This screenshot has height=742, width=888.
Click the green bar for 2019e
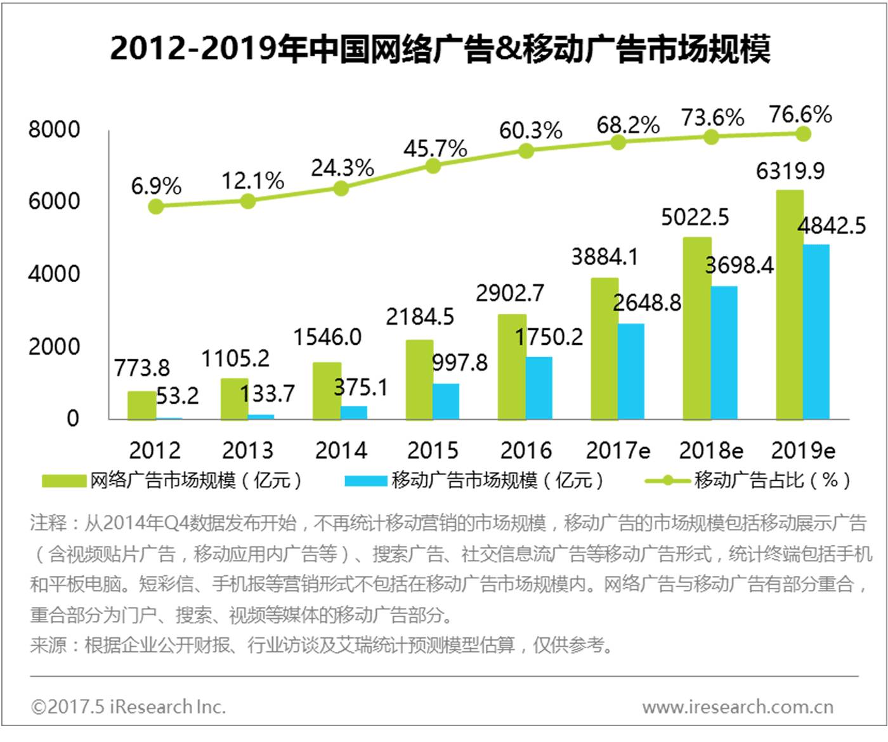point(789,304)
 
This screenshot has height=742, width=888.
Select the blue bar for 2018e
point(724,353)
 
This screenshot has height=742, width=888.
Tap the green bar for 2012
point(141,405)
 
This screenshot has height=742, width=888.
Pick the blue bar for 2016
point(539,388)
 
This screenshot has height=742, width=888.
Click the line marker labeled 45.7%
point(433,166)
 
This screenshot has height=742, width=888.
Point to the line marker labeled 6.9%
point(155,206)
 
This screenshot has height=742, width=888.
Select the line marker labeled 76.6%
point(803,134)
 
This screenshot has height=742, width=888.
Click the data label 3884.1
point(604,257)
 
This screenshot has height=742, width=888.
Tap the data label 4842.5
point(832,226)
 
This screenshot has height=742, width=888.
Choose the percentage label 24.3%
point(342,168)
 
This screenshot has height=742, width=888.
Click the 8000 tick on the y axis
point(55,129)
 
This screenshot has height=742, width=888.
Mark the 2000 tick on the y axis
point(55,347)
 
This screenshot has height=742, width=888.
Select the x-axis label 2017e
point(618,450)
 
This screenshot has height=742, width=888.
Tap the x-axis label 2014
point(341,450)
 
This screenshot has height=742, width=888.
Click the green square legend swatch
point(64,480)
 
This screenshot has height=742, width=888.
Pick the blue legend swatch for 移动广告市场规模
point(365,480)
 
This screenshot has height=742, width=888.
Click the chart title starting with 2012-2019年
point(440,49)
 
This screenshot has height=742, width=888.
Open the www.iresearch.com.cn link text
point(738,706)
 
